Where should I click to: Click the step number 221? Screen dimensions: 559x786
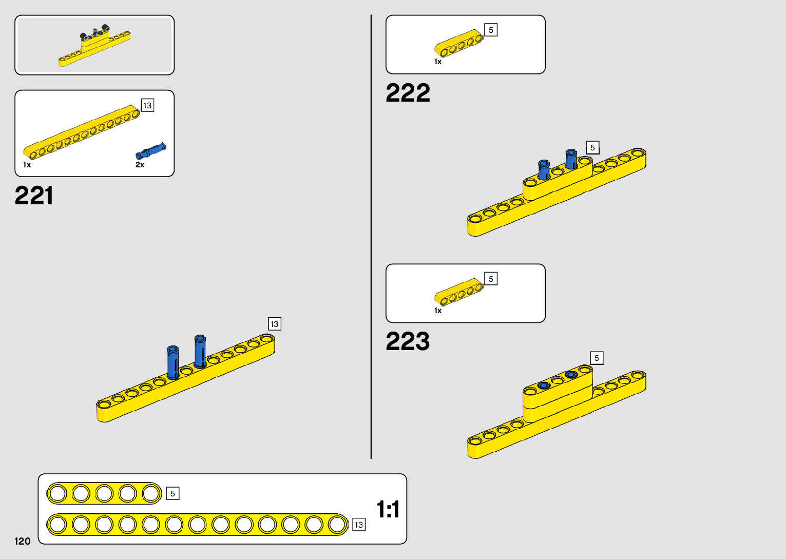(x=34, y=196)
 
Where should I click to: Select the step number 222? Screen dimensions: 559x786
(x=408, y=93)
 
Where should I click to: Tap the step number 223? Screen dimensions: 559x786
(x=408, y=341)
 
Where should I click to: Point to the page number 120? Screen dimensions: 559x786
(x=23, y=541)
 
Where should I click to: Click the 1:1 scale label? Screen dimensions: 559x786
(x=388, y=509)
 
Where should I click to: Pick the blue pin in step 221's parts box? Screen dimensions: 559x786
(x=151, y=151)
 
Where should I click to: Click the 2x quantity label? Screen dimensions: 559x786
(x=140, y=165)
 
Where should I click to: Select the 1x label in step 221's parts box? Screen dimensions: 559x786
(x=27, y=165)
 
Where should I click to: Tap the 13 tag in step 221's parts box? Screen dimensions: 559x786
(x=147, y=105)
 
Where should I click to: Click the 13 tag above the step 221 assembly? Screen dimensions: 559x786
(x=275, y=324)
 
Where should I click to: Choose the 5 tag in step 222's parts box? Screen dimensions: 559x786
(x=491, y=30)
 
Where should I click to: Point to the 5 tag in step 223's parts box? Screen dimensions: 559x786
(x=491, y=279)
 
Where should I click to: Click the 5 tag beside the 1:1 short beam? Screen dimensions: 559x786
(x=172, y=493)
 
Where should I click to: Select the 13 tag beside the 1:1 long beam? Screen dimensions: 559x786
(x=359, y=525)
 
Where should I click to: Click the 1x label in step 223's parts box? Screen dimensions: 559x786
(x=438, y=311)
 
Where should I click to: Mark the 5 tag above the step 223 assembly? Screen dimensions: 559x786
(x=597, y=358)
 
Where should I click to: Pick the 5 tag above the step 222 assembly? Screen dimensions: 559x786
(x=592, y=147)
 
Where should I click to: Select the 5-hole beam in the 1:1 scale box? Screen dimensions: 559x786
(x=104, y=493)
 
